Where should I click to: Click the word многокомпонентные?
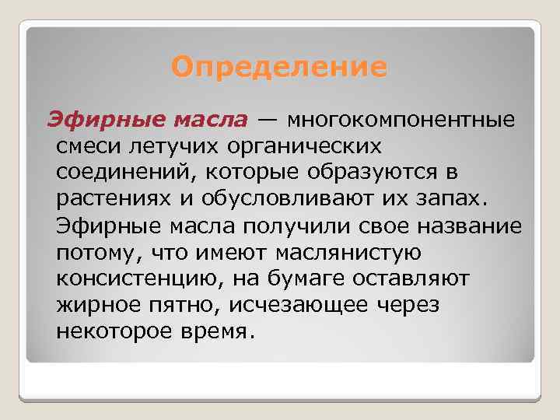pos(401,121)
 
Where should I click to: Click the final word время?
pos(220,331)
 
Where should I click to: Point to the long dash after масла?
pos(267,121)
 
